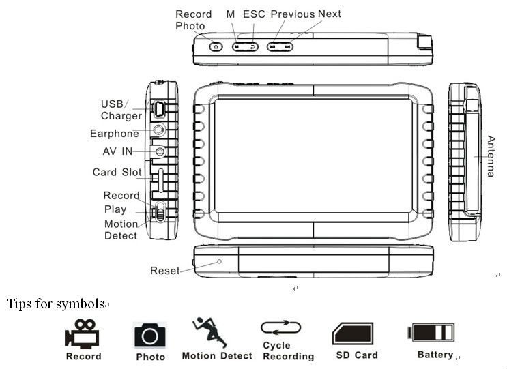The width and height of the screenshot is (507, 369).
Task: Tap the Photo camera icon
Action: pyautogui.click(x=150, y=335)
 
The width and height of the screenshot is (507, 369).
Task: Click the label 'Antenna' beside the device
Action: pyautogui.click(x=491, y=157)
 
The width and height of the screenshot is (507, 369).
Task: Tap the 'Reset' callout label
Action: pyautogui.click(x=165, y=271)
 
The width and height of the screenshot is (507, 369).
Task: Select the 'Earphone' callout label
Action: pyautogui.click(x=115, y=134)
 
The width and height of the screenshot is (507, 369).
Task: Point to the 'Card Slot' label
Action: pyautogui.click(x=117, y=173)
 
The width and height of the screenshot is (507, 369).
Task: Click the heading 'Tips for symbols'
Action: pyautogui.click(x=55, y=304)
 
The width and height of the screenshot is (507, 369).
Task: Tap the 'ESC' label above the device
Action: pyautogui.click(x=255, y=14)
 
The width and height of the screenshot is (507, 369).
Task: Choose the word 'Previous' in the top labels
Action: pyautogui.click(x=293, y=14)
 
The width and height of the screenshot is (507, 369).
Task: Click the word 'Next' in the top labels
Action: pyautogui.click(x=330, y=14)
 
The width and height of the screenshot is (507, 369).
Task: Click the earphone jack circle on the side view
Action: pyautogui.click(x=160, y=129)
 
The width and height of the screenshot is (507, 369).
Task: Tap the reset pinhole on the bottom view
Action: pyautogui.click(x=219, y=261)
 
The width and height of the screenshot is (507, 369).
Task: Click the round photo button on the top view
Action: pyautogui.click(x=216, y=46)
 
